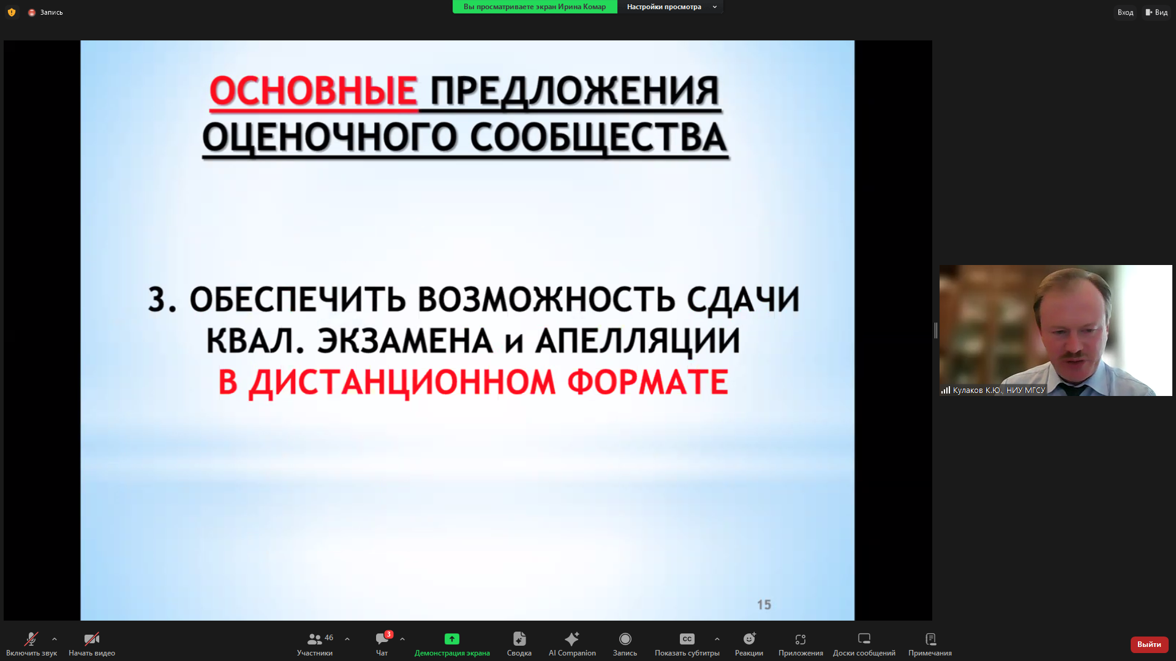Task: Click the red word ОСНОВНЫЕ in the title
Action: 313,92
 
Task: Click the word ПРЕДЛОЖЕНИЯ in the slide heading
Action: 575,92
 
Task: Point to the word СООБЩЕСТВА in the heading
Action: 598,138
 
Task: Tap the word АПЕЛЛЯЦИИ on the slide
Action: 638,341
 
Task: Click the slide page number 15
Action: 764,605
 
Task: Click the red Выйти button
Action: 1149,644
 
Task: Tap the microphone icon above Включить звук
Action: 31,639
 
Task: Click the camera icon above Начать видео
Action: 91,639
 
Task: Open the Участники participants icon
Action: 314,639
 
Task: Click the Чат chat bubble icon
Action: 382,639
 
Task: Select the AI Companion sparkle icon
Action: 572,639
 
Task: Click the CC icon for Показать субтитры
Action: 687,639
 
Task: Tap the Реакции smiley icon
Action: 749,639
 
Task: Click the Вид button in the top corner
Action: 1156,12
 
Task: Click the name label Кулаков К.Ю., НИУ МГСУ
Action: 998,390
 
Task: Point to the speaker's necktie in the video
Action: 1072,389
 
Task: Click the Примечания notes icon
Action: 930,639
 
